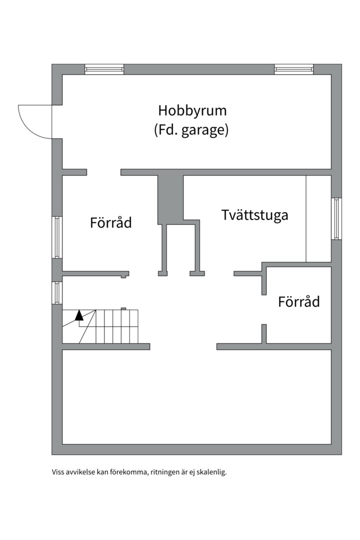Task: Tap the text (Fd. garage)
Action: click(x=191, y=130)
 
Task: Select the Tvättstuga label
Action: click(x=254, y=215)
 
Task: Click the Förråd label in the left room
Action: click(x=111, y=222)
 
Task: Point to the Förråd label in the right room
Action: click(x=299, y=301)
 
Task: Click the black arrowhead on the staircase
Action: click(x=79, y=315)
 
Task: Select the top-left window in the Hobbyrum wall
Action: click(x=104, y=69)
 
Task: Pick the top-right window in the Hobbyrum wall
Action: click(x=293, y=69)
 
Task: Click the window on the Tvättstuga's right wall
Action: click(x=336, y=218)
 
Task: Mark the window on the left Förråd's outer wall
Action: click(x=57, y=237)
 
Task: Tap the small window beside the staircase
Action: click(x=57, y=293)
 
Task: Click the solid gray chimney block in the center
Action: click(x=170, y=199)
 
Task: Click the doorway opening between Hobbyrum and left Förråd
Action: click(x=104, y=172)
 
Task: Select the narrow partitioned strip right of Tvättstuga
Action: click(x=318, y=218)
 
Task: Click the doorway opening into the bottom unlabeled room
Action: click(x=183, y=346)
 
